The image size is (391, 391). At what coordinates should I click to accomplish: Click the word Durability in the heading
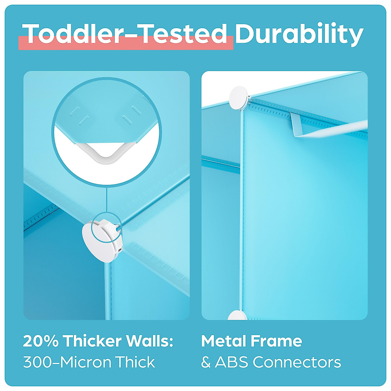[299, 34]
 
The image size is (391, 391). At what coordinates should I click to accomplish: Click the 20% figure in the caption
[40, 341]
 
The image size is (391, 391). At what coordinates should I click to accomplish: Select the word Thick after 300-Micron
[136, 362]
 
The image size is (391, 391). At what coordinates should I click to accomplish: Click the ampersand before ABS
[206, 362]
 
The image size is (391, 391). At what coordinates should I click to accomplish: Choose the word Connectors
[297, 362]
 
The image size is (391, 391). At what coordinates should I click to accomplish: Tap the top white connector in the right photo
[239, 98]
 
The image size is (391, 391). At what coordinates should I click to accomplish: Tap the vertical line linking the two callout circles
[107, 199]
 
